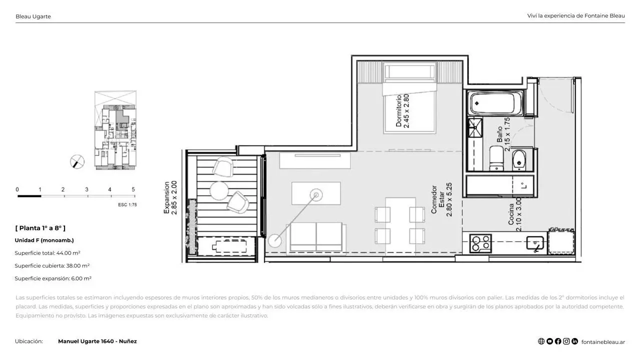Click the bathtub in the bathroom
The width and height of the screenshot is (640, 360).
click(495, 103)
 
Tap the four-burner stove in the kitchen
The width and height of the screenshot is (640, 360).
click(480, 243)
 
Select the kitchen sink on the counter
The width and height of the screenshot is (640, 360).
click(535, 243)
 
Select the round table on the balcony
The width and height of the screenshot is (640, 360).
click(219, 190)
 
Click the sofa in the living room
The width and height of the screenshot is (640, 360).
click(316, 237)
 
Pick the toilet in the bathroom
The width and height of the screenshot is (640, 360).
click(497, 158)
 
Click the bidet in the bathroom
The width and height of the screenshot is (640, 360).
click(519, 160)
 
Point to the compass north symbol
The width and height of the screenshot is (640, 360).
click(77, 162)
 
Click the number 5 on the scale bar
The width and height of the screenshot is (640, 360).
click(133, 189)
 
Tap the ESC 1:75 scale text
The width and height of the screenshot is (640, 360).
click(127, 204)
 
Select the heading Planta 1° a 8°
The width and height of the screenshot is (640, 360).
click(40, 228)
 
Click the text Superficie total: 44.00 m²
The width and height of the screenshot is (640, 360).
click(47, 253)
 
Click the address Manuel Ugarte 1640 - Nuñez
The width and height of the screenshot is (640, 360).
click(97, 341)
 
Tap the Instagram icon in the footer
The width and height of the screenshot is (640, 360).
click(566, 341)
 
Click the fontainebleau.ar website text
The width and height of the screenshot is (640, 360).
click(603, 341)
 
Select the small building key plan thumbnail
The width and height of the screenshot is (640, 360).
click(115, 130)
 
